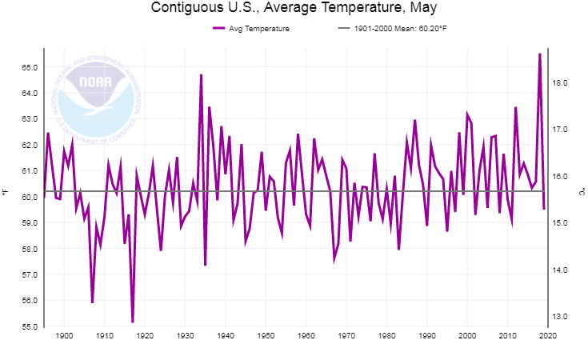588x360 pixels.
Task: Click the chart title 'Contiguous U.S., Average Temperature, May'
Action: (294, 10)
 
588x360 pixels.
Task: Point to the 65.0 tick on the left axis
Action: (30, 67)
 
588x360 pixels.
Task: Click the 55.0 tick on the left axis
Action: (30, 326)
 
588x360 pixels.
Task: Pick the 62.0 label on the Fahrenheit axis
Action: (30, 145)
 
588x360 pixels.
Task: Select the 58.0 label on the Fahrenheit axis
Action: (30, 249)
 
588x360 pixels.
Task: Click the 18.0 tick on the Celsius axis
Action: (560, 82)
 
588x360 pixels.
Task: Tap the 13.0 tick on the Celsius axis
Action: (560, 317)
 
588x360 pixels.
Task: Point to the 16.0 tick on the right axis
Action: (560, 176)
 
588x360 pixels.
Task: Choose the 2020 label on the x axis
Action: (547, 336)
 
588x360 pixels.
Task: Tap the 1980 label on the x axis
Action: (386, 336)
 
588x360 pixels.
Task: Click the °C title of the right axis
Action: (582, 191)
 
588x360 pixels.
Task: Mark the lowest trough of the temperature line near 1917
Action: (133, 322)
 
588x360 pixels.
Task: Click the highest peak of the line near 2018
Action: (540, 54)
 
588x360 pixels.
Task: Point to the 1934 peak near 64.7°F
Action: (201, 75)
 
